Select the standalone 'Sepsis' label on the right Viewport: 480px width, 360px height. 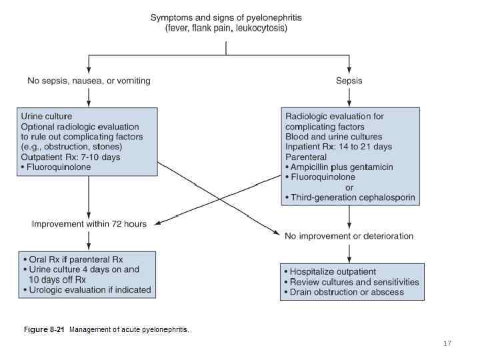click(x=349, y=81)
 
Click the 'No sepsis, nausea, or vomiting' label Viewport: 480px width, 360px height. click(x=89, y=81)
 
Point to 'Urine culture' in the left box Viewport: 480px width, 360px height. click(x=47, y=116)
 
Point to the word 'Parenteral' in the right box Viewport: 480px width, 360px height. click(x=306, y=157)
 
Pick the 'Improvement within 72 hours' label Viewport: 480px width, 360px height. click(x=89, y=224)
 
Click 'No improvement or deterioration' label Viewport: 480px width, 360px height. click(x=349, y=236)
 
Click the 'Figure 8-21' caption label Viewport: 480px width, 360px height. click(x=44, y=330)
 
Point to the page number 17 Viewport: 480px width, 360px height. click(x=447, y=344)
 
